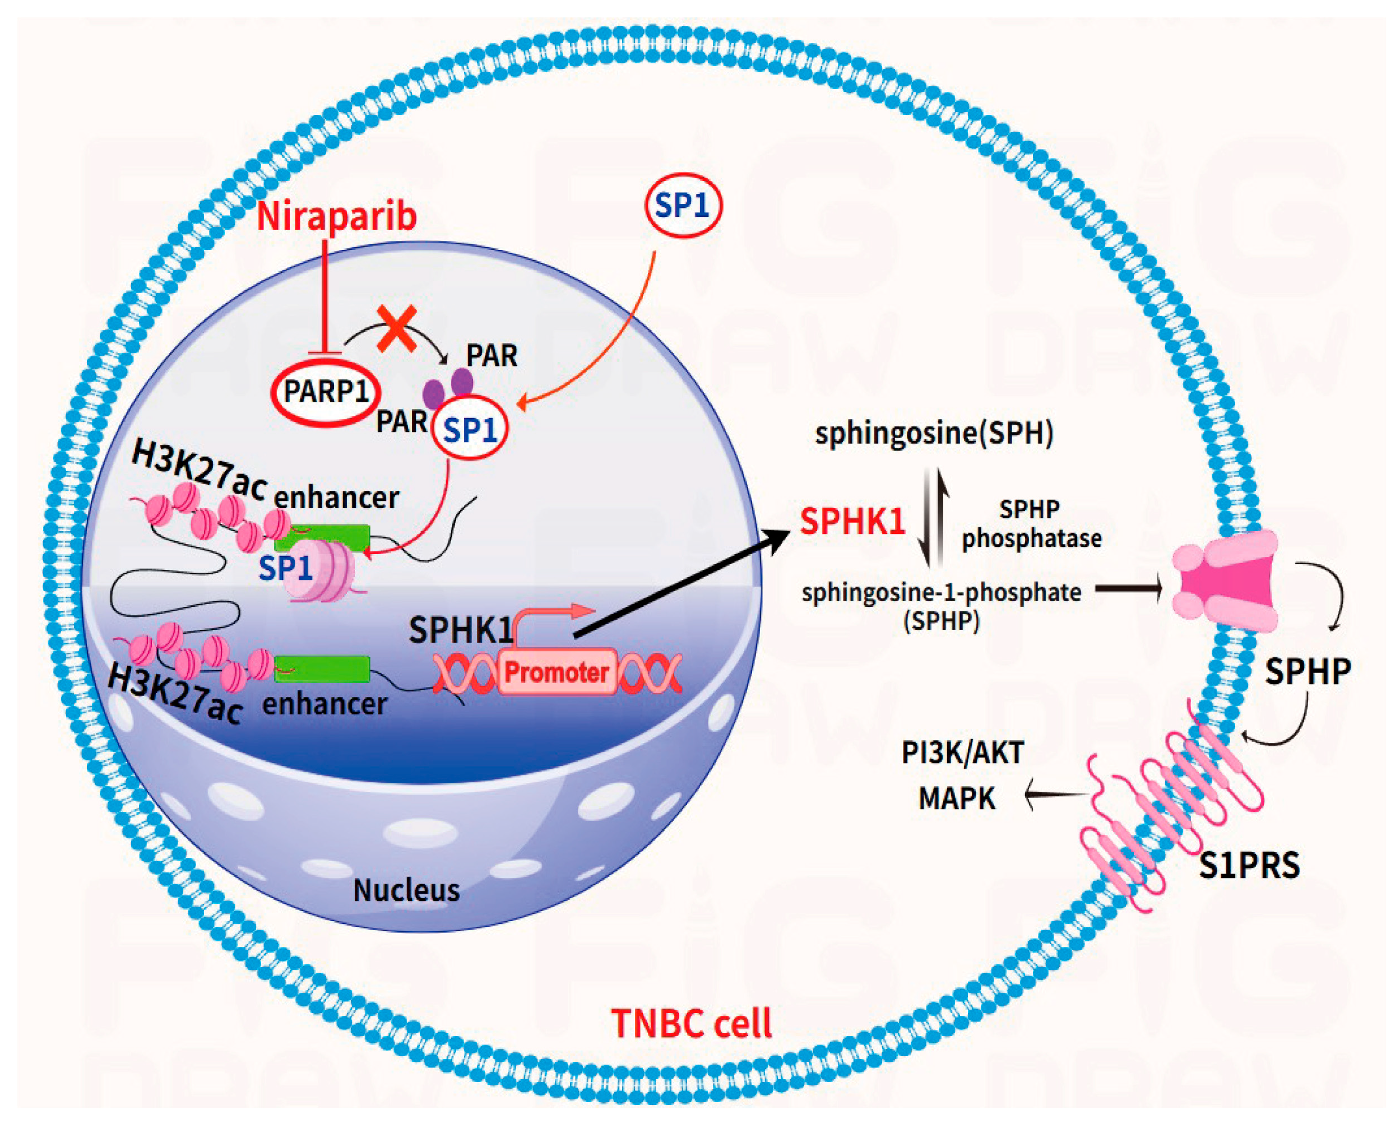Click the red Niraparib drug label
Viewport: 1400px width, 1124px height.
pyautogui.click(x=336, y=216)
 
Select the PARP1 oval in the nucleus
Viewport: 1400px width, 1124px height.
pyautogui.click(x=326, y=392)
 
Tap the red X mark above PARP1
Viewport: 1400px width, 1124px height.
pyautogui.click(x=397, y=329)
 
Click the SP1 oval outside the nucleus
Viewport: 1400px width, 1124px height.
pyautogui.click(x=683, y=205)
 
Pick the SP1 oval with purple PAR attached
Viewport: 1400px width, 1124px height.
pyautogui.click(x=470, y=429)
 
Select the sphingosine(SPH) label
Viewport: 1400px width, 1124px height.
pyautogui.click(x=934, y=433)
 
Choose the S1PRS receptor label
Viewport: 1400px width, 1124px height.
pyautogui.click(x=1248, y=866)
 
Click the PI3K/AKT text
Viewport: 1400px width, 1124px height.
pyautogui.click(x=962, y=753)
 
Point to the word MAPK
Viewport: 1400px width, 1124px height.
pyautogui.click(x=957, y=798)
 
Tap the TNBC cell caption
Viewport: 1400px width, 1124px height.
pyautogui.click(x=692, y=1024)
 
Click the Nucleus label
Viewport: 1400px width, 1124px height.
pyautogui.click(x=406, y=890)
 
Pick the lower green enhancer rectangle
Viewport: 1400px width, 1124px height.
pyautogui.click(x=323, y=669)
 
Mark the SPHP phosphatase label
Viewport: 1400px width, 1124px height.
pyautogui.click(x=1031, y=523)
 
